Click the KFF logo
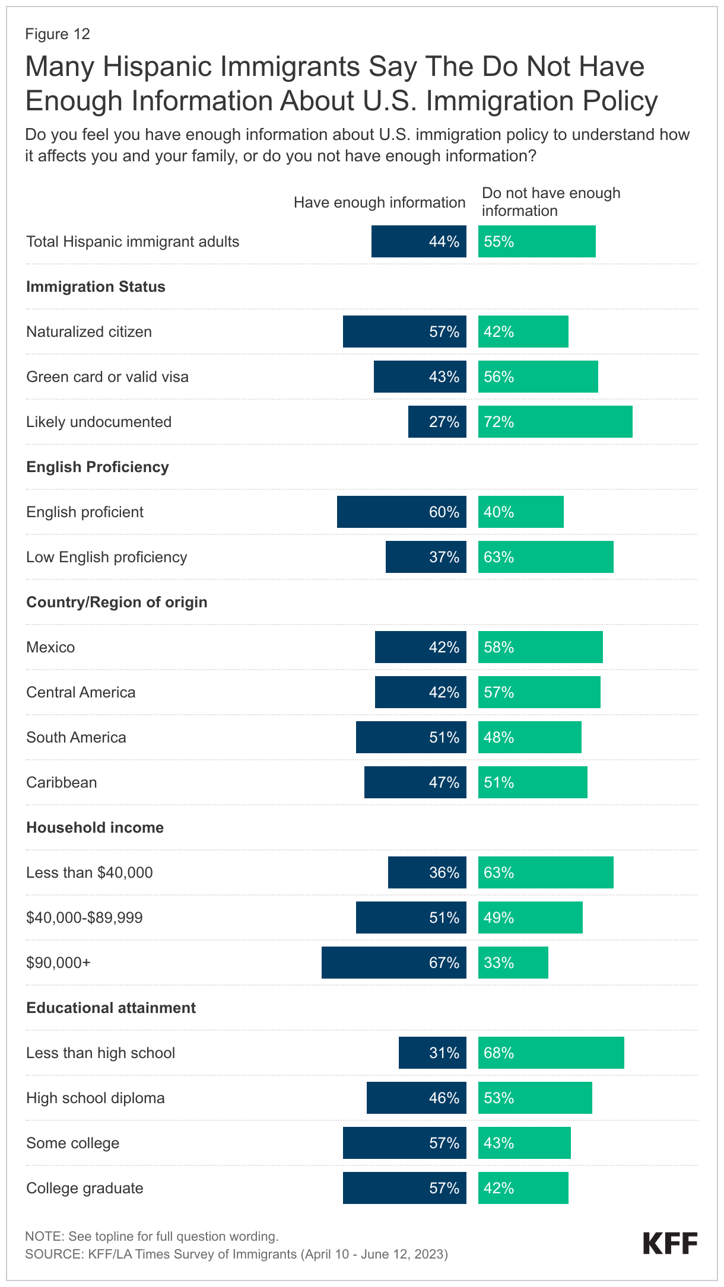[670, 1244]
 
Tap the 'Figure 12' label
[58, 34]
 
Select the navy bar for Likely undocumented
[437, 422]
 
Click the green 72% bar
[555, 422]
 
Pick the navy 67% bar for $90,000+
[393, 963]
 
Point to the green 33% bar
[513, 963]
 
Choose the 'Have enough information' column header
[379, 203]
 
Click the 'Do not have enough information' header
[551, 202]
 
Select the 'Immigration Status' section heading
[96, 286]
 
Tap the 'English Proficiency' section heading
[97, 467]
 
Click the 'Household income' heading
[95, 827]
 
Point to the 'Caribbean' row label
[62, 782]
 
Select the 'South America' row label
[76, 737]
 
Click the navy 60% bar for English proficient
[401, 512]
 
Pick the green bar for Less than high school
[551, 1053]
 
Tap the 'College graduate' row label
[85, 1188]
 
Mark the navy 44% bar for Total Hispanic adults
[418, 241]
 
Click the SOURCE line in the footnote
[236, 1254]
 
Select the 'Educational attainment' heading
[111, 1008]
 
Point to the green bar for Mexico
[540, 647]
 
